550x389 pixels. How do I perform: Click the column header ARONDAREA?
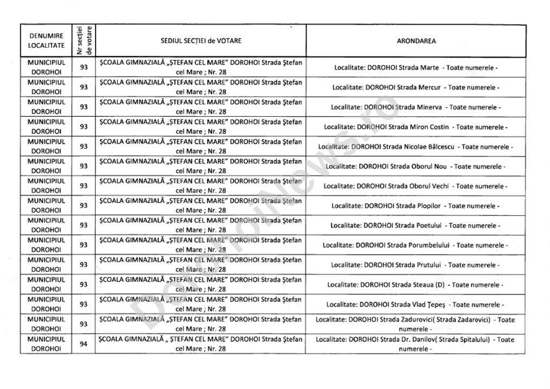click(x=415, y=41)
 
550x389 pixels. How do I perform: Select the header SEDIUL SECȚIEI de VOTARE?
click(x=201, y=41)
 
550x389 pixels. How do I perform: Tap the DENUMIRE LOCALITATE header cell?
click(x=46, y=41)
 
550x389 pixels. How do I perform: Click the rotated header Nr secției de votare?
click(x=84, y=41)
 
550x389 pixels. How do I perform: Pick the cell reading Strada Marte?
click(x=415, y=67)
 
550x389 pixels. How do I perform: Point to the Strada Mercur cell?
click(x=415, y=87)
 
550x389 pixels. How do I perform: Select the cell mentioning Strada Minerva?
click(x=415, y=107)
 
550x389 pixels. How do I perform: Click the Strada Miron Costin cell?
click(x=415, y=127)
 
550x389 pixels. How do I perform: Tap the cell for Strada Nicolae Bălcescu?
click(x=415, y=147)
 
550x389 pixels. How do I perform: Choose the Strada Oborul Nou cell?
click(x=415, y=166)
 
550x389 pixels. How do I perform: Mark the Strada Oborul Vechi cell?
click(x=415, y=186)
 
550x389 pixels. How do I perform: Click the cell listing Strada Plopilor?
click(x=415, y=206)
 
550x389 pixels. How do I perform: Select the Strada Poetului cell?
click(x=415, y=225)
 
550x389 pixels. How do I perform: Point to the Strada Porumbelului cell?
click(x=415, y=245)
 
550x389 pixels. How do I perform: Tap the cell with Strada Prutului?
click(x=415, y=265)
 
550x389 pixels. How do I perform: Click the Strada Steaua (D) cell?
click(x=415, y=285)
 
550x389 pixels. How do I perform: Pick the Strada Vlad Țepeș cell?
click(x=415, y=304)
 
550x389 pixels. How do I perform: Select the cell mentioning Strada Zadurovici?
click(x=415, y=324)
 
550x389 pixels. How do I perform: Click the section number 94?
click(x=84, y=344)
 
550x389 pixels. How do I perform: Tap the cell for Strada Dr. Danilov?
click(x=415, y=344)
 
